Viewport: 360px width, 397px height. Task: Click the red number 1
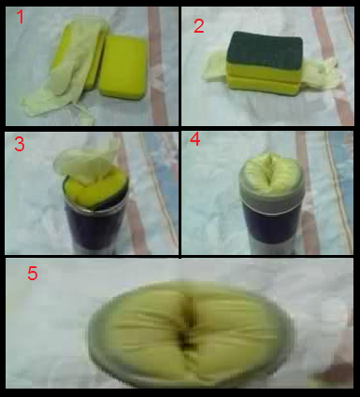click(x=21, y=17)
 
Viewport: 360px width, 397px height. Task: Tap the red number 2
click(x=199, y=26)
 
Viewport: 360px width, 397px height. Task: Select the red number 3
click(x=20, y=144)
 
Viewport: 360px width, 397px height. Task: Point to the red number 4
click(x=195, y=139)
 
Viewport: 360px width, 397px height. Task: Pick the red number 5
click(x=33, y=273)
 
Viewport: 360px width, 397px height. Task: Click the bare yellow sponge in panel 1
click(x=122, y=67)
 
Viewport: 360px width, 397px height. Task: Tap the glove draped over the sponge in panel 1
click(x=65, y=68)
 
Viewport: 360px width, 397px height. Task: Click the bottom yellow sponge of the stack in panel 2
click(x=264, y=85)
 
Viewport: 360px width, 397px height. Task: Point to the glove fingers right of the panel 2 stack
click(x=320, y=75)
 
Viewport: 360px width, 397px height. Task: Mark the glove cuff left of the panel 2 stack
click(x=216, y=69)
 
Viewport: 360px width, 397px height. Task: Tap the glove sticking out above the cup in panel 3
click(x=87, y=162)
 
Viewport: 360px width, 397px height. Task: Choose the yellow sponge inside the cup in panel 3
click(x=94, y=191)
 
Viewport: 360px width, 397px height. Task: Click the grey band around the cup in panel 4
click(x=272, y=202)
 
